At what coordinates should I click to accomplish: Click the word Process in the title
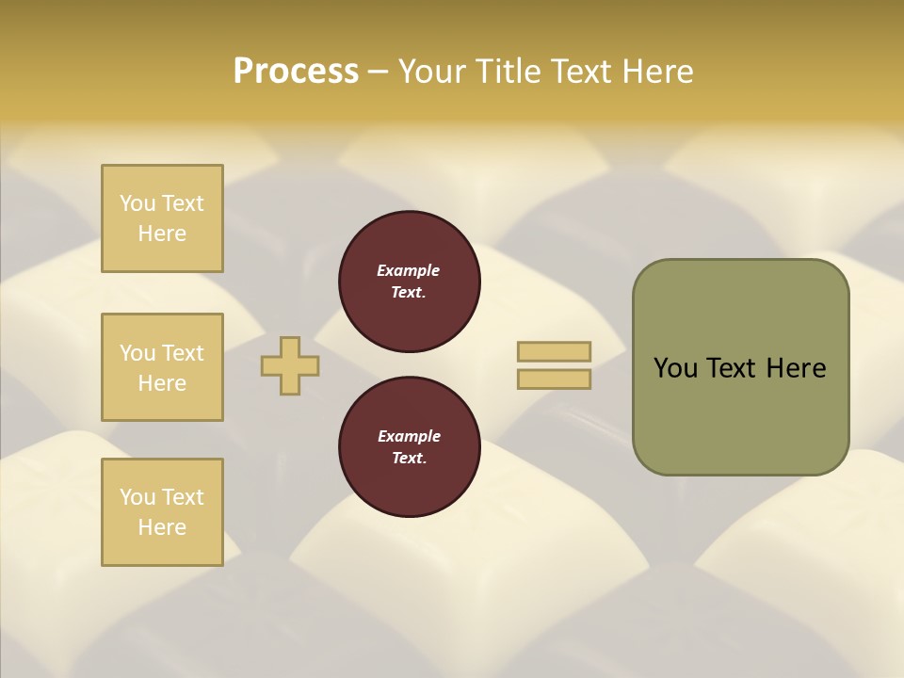coord(296,71)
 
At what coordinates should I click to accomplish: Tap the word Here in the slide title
coord(655,71)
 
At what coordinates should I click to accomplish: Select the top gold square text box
coord(162,218)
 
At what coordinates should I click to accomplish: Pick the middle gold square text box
coord(162,367)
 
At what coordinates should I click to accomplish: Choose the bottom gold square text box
coord(162,511)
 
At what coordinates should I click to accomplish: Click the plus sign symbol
coord(290,365)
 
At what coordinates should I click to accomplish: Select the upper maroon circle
coord(409,281)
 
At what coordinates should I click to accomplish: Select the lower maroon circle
coord(409,446)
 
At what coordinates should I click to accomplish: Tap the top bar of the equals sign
coord(554,351)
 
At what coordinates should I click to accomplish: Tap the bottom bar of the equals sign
coord(554,379)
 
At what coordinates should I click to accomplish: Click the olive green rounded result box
coord(740,367)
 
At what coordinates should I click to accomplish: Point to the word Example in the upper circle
coord(409,270)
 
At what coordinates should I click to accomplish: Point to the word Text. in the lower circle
coord(409,458)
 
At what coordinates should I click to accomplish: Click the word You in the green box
coord(675,368)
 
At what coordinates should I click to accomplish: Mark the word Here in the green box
coord(796,368)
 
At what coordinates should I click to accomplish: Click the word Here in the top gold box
coord(162,234)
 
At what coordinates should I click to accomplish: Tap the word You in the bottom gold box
coord(137,496)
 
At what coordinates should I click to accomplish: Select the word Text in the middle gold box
coord(183,353)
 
